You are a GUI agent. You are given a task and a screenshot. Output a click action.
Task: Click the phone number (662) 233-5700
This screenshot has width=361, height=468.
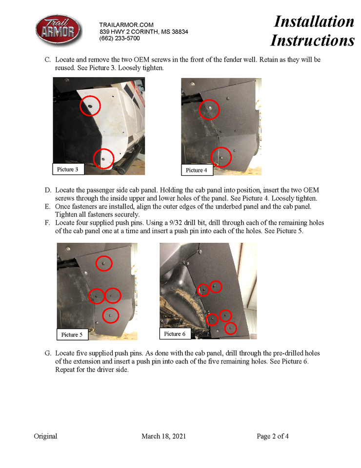click(x=120, y=38)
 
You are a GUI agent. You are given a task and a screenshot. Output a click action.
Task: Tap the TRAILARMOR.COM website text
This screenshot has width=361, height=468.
click(x=126, y=24)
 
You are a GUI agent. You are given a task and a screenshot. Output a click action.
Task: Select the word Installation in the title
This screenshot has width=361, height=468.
click(x=314, y=21)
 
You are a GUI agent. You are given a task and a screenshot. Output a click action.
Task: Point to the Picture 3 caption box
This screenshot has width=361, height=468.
click(x=68, y=169)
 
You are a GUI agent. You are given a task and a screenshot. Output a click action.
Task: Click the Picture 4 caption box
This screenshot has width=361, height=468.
click(x=197, y=170)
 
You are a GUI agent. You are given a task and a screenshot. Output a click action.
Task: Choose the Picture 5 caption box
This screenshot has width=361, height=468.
click(x=72, y=335)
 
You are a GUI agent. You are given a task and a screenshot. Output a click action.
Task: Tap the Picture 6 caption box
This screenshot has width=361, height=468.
click(x=175, y=334)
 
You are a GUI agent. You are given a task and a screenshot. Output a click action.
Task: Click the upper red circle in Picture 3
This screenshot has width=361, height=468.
click(x=90, y=106)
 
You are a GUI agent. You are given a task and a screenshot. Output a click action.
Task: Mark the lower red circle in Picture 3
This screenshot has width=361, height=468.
click(x=103, y=158)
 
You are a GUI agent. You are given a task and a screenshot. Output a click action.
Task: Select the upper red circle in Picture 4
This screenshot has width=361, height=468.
click(x=209, y=109)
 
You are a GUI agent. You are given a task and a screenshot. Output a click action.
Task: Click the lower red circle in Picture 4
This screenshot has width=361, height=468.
click(x=221, y=158)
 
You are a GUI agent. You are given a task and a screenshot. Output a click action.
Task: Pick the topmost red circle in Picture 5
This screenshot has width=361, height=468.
click(x=103, y=263)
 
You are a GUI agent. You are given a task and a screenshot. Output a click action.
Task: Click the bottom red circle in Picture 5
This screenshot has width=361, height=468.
click(x=111, y=315)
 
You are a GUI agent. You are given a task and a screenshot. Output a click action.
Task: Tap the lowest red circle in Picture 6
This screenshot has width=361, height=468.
click(x=230, y=328)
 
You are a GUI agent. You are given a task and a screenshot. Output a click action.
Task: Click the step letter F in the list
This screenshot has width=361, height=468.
click(x=48, y=223)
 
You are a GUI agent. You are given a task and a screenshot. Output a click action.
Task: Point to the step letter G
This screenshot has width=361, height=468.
click(x=48, y=353)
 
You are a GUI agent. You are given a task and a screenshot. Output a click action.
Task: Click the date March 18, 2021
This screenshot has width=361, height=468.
click(x=163, y=436)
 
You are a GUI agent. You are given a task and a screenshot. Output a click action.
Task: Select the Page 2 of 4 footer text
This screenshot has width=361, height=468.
click(x=273, y=436)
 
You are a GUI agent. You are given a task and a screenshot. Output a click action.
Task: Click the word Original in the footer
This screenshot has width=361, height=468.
click(x=45, y=436)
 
